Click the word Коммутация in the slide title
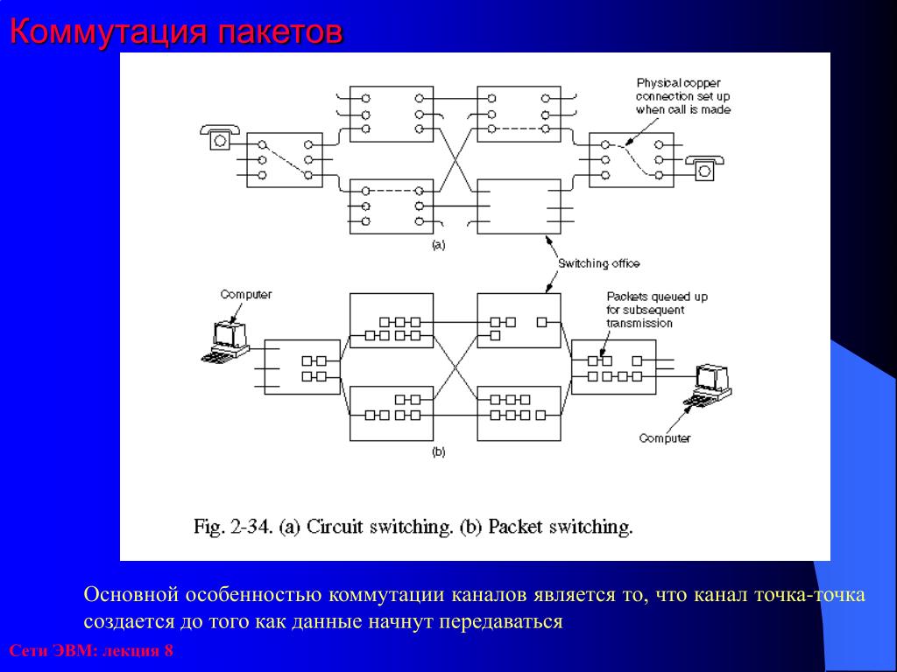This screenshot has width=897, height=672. point(109,32)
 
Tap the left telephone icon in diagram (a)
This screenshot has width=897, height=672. point(217,136)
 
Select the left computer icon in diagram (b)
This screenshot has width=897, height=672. point(227,341)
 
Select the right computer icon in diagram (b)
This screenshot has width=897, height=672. point(710,386)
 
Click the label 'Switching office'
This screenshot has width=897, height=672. point(599,263)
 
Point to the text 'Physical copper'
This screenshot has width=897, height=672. point(678,82)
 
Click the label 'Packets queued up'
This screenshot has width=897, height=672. point(657,297)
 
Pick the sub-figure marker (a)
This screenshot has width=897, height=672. point(438,246)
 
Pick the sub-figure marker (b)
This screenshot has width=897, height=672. point(438,452)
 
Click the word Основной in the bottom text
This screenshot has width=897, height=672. point(131,596)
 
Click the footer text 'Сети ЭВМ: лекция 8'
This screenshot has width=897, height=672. point(91,652)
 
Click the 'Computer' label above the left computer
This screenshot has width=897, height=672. point(246,295)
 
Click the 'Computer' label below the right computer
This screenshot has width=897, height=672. point(665,438)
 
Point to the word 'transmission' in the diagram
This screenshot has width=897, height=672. point(639,323)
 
